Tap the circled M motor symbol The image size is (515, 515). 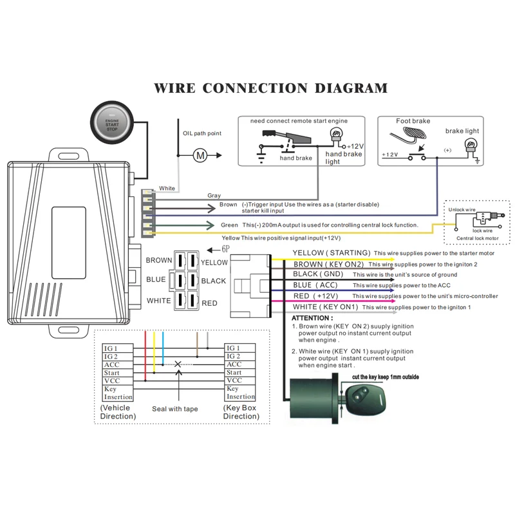tap(200, 155)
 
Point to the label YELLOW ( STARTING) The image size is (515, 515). tap(331, 253)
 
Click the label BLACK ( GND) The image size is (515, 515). tap(318, 274)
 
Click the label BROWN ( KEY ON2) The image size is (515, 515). tap(328, 264)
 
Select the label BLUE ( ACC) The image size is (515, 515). tap(315, 285)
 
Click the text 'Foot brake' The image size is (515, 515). tap(413, 121)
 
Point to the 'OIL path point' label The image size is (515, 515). tap(201, 133)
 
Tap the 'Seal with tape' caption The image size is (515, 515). tap(175, 409)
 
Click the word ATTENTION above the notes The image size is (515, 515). tap(312, 318)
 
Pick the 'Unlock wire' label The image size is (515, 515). tap(462, 210)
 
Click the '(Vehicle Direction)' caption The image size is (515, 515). tap(118, 412)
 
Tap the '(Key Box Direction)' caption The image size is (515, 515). tap(241, 412)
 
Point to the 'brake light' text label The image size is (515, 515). tap(463, 131)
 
